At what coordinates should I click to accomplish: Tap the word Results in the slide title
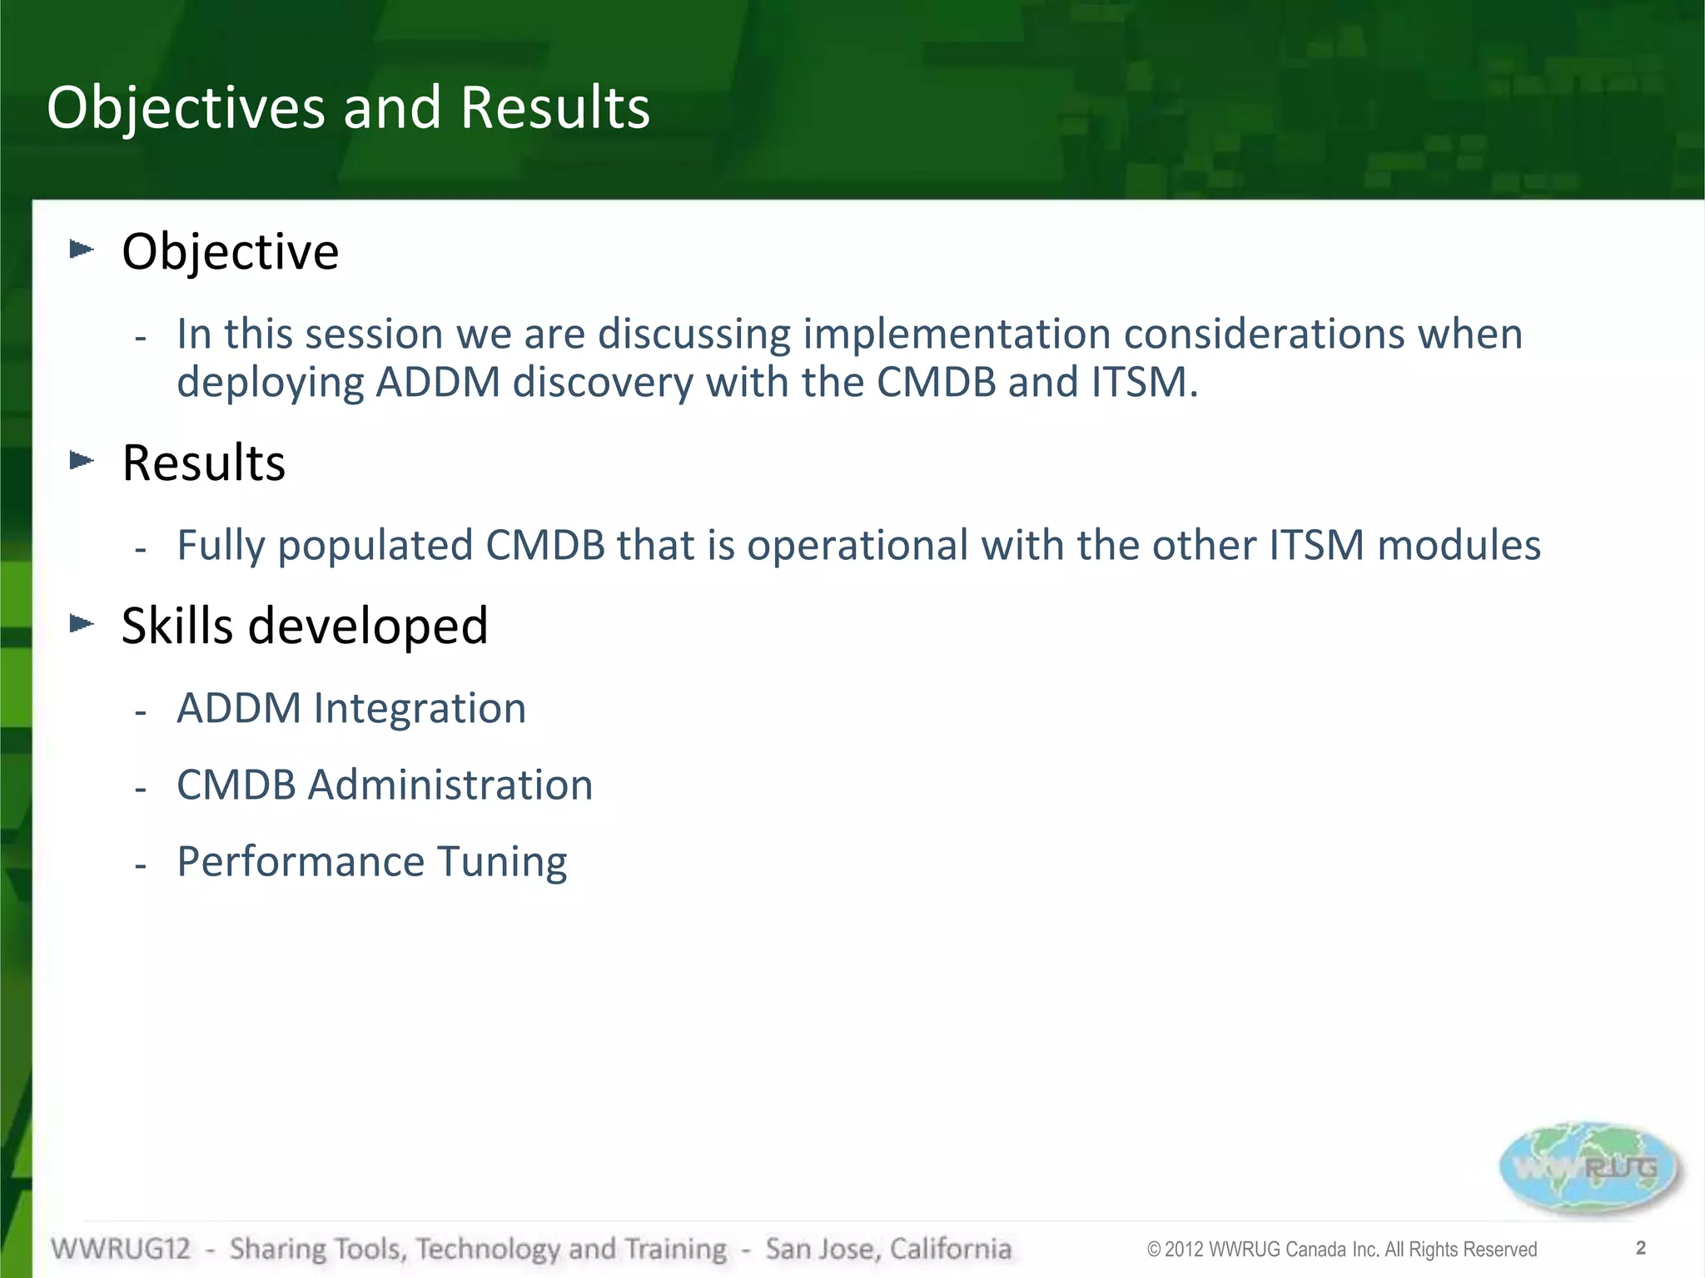point(554,108)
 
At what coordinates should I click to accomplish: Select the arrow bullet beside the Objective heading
point(82,249)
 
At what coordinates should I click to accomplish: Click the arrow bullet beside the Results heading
point(82,460)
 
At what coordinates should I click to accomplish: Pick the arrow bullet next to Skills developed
point(82,623)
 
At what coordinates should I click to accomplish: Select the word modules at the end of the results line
point(1459,547)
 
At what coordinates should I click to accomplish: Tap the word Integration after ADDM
point(420,709)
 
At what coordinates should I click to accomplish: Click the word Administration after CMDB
point(450,785)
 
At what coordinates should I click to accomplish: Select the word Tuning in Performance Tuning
point(502,862)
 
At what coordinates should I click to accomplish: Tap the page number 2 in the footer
point(1641,1248)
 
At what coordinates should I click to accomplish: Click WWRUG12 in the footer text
point(121,1249)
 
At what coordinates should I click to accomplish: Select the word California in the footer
point(950,1249)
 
